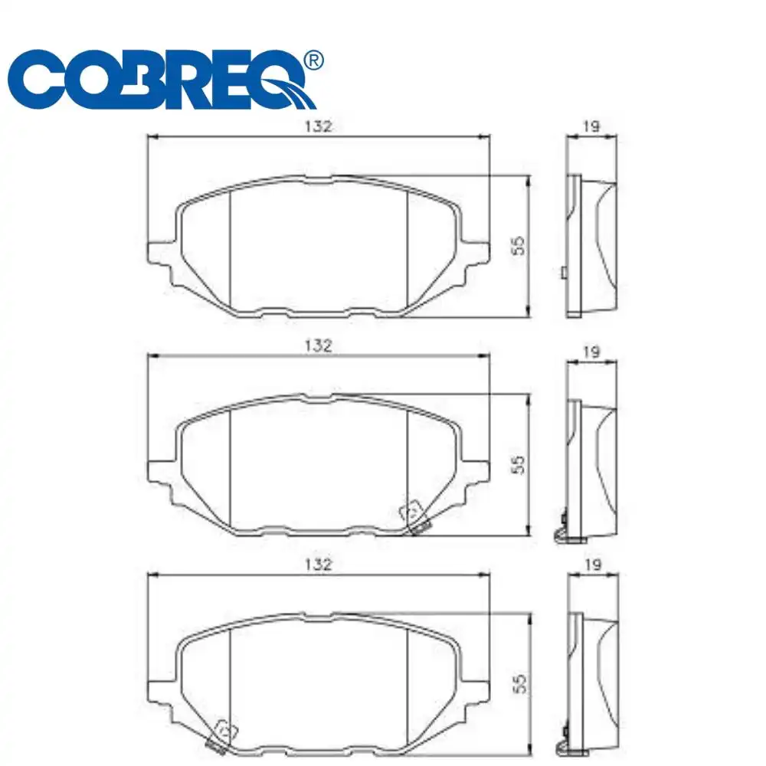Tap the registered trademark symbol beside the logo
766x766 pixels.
point(314,60)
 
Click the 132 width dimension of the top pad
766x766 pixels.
point(317,126)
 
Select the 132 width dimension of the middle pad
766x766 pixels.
point(317,345)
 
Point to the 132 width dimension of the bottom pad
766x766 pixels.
point(317,565)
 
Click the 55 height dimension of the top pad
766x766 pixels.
point(519,245)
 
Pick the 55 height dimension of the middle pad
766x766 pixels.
point(519,464)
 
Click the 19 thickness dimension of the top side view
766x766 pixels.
point(591,127)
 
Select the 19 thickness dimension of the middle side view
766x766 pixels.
point(591,352)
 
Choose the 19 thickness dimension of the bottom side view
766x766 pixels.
point(591,565)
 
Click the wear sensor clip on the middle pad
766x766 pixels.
point(414,518)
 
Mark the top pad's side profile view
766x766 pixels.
point(591,245)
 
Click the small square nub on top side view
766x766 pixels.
point(564,273)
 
